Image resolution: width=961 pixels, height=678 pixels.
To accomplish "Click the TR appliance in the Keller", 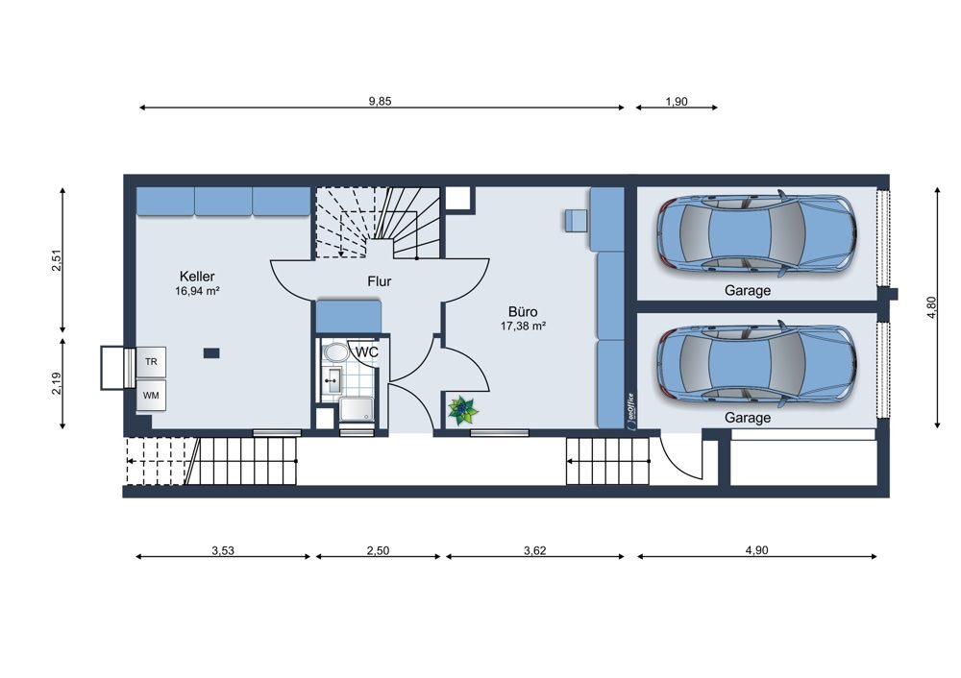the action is pos(151,362).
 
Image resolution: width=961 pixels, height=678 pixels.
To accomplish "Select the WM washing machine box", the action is pos(151,396).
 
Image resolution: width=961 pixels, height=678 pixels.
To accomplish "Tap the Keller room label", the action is pos(197,277).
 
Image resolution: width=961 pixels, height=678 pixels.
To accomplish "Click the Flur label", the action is pos(380,281).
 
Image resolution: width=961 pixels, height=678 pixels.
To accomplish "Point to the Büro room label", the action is pos(523,312).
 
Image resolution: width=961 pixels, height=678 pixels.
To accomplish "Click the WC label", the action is pos(367,352).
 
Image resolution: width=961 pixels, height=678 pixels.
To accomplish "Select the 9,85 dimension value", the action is pos(380,101).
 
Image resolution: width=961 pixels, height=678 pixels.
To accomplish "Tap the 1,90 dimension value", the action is pos(677,102).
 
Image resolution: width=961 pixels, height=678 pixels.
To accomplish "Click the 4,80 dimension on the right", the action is pos(931,307).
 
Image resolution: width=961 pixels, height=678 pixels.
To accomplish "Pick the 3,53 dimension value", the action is pos(223,550).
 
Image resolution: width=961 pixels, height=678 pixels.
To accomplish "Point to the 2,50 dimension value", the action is pos(378,550).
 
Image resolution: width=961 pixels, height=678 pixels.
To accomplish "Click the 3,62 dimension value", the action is pos(534,550).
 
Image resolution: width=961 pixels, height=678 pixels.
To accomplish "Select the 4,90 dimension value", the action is pos(756,550).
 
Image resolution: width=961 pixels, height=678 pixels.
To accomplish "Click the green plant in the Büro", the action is pos(463,410).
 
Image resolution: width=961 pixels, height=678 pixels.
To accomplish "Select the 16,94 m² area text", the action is pos(197,292).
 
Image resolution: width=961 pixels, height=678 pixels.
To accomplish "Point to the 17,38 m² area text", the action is pos(523,327).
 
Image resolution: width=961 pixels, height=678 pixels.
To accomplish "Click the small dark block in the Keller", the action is pos(211,352).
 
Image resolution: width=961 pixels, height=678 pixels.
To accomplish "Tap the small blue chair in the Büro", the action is pos(576,221).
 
